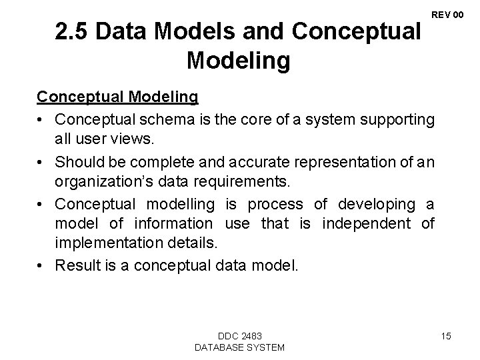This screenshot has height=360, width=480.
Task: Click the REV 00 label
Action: point(448,14)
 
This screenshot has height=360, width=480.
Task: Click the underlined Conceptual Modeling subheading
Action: point(117,97)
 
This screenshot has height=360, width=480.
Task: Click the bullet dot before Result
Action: point(42,265)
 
